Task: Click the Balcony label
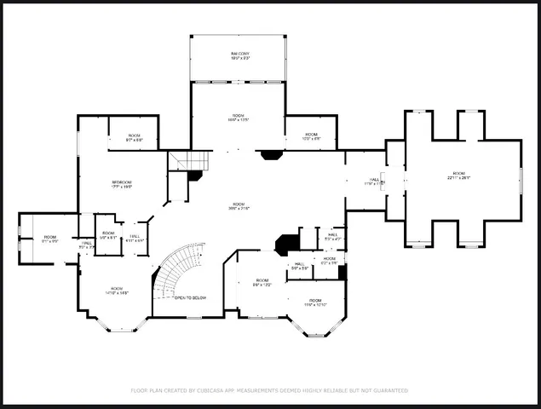pyautogui.click(x=239, y=57)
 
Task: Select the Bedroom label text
pyautogui.click(x=122, y=185)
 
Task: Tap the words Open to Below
pyautogui.click(x=190, y=298)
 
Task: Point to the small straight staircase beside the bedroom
pyautogui.click(x=189, y=160)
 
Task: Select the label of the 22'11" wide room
pyautogui.click(x=459, y=177)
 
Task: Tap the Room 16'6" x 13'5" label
pyautogui.click(x=239, y=118)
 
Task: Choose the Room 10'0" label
pyautogui.click(x=311, y=136)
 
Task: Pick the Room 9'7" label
pyautogui.click(x=135, y=137)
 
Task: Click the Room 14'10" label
pyautogui.click(x=117, y=291)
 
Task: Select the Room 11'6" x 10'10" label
pyautogui.click(x=315, y=302)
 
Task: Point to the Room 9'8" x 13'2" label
pyautogui.click(x=262, y=282)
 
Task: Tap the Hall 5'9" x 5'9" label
pyautogui.click(x=299, y=266)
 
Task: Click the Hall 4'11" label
pyautogui.click(x=135, y=239)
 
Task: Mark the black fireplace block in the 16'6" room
pyautogui.click(x=271, y=155)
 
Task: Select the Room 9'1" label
pyautogui.click(x=50, y=239)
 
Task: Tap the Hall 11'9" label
pyautogui.click(x=373, y=181)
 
